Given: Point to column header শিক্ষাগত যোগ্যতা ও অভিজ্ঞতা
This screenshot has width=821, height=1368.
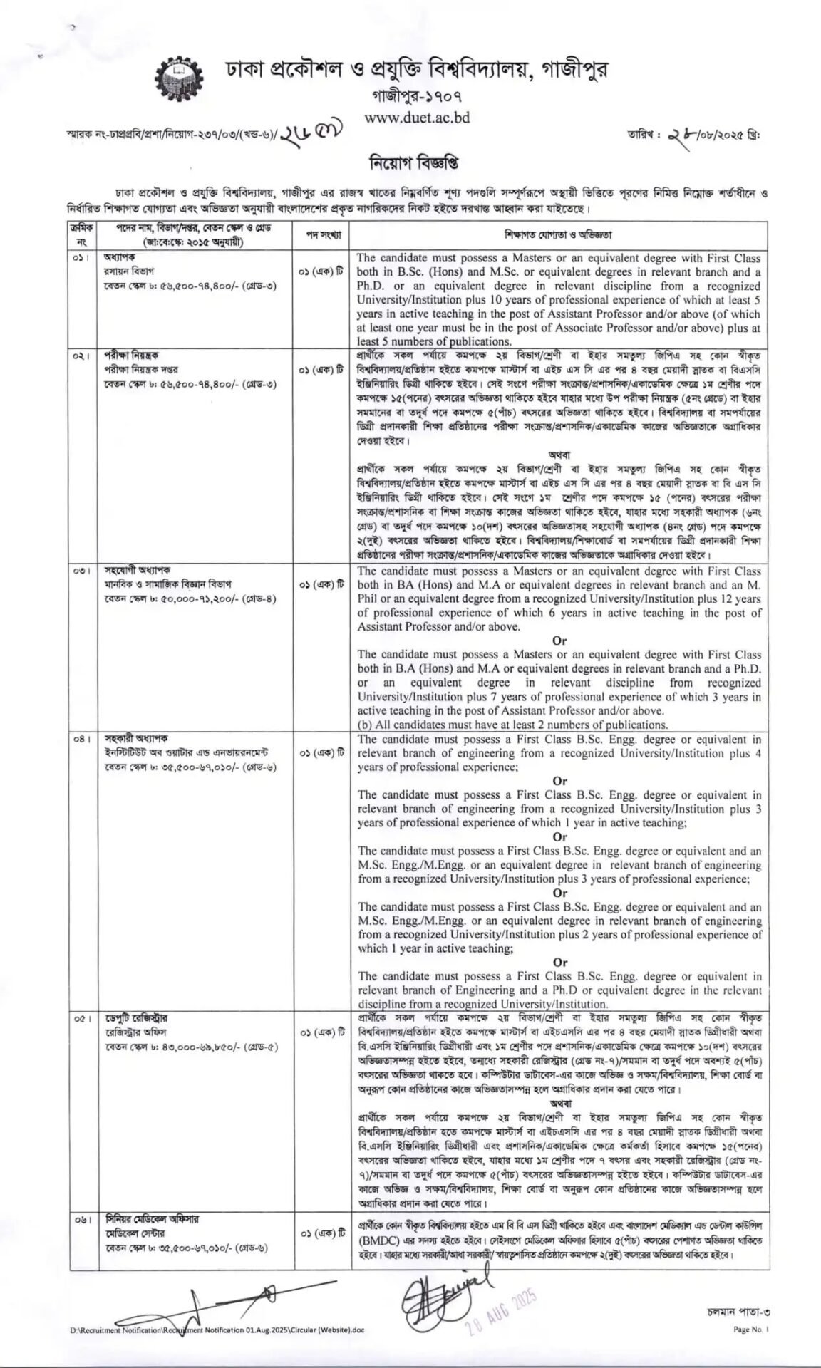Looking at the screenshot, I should point(560,234).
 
